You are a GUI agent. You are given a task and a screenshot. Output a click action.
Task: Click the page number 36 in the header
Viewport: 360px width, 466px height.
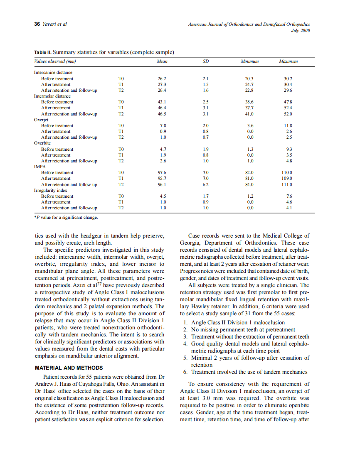click(x=36, y=24)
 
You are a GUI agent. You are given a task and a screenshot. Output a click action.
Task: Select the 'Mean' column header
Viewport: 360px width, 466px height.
click(x=162, y=61)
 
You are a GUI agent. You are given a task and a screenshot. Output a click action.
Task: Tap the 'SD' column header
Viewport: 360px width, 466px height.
click(x=205, y=61)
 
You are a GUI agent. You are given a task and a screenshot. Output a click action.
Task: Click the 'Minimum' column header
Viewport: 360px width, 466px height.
click(x=249, y=61)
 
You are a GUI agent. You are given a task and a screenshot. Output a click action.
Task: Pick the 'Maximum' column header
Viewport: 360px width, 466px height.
click(x=288, y=61)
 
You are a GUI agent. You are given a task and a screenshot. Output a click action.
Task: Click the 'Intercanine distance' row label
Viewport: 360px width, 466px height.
click(x=53, y=73)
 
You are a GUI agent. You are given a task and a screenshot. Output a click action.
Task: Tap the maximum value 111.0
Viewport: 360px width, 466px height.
click(x=287, y=184)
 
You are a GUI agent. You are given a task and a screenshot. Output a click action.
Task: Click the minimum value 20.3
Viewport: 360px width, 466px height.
click(x=249, y=78)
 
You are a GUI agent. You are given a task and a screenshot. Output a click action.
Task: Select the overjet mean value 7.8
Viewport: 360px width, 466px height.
click(x=163, y=125)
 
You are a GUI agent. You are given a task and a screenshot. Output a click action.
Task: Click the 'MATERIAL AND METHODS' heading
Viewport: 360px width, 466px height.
click(x=69, y=368)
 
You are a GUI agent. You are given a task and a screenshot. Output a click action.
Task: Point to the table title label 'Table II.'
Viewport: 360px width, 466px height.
click(x=42, y=52)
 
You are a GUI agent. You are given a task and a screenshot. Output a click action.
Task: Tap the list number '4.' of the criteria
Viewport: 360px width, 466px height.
click(x=185, y=344)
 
